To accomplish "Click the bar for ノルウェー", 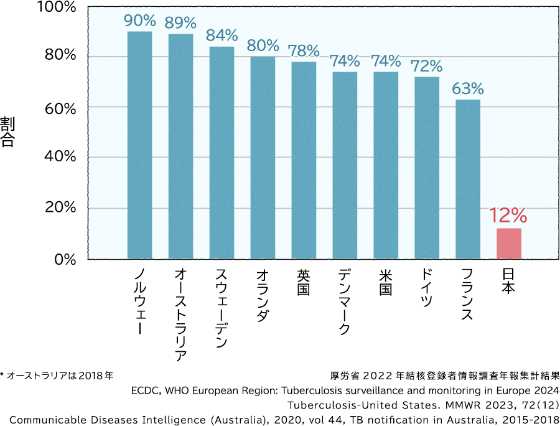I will (x=139, y=145).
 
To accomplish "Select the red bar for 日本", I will (x=509, y=244).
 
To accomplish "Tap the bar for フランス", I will (x=468, y=179).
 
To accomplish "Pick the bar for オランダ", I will (x=263, y=158).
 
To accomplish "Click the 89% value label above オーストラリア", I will (x=180, y=23).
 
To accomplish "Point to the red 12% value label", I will (x=508, y=216).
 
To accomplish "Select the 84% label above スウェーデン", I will (x=222, y=35).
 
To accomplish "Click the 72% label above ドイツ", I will (x=427, y=66).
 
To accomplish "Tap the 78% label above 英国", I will (x=304, y=50).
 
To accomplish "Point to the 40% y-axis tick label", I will (x=60, y=157).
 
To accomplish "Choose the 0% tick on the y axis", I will (x=65, y=258).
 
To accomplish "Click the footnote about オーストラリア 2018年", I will (x=57, y=376).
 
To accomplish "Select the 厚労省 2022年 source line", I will (x=445, y=376).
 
